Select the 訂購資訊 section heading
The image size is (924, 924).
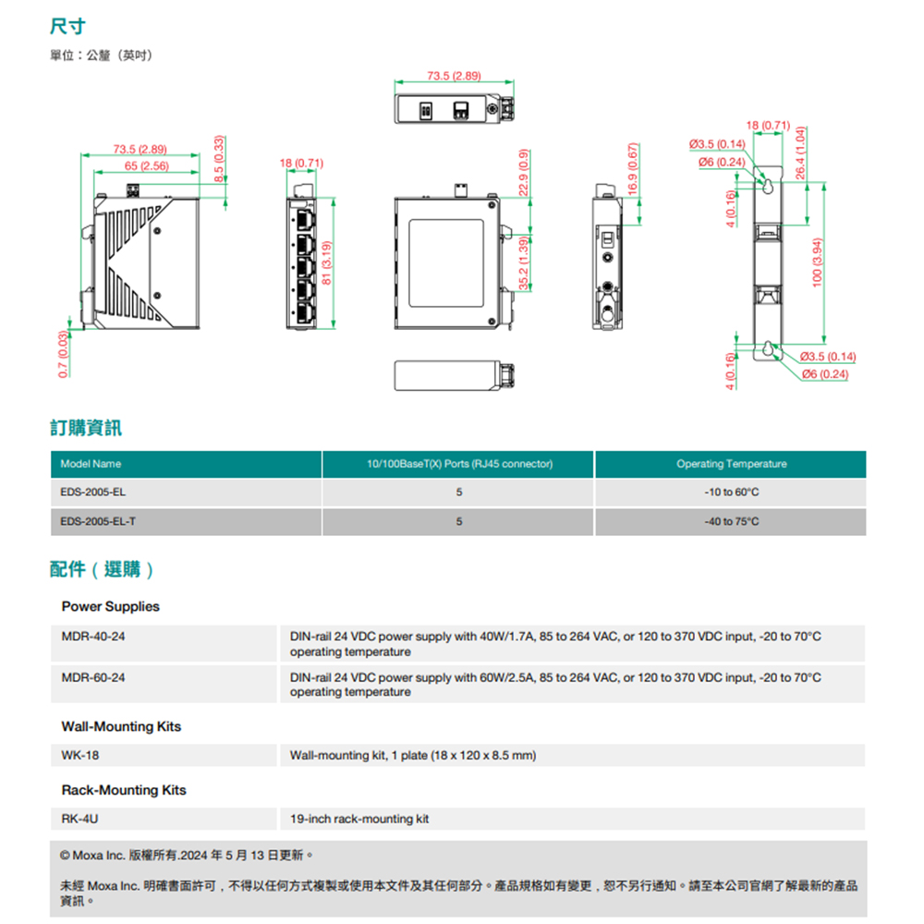click(x=86, y=428)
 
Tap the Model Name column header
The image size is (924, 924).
click(x=91, y=464)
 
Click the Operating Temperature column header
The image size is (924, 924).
click(x=731, y=464)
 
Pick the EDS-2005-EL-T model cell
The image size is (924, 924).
click(x=98, y=522)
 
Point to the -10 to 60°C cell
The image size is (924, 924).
click(x=731, y=493)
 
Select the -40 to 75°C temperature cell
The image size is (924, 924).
click(x=731, y=522)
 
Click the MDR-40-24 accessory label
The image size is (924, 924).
click(x=93, y=637)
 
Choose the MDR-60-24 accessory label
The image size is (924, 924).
click(x=93, y=677)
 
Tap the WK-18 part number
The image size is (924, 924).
click(x=80, y=755)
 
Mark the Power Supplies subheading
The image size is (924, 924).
click(x=110, y=606)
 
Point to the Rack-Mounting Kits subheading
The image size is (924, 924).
click(x=124, y=790)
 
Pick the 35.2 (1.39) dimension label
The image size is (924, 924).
click(x=524, y=262)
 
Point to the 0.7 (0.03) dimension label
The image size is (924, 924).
click(x=63, y=354)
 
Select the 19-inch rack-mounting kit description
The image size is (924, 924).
click(x=359, y=819)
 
